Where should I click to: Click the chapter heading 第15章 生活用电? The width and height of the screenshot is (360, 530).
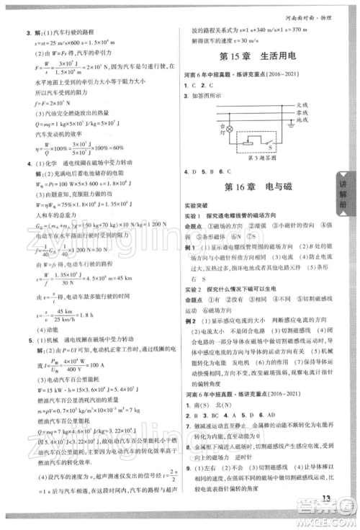tap(259, 58)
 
